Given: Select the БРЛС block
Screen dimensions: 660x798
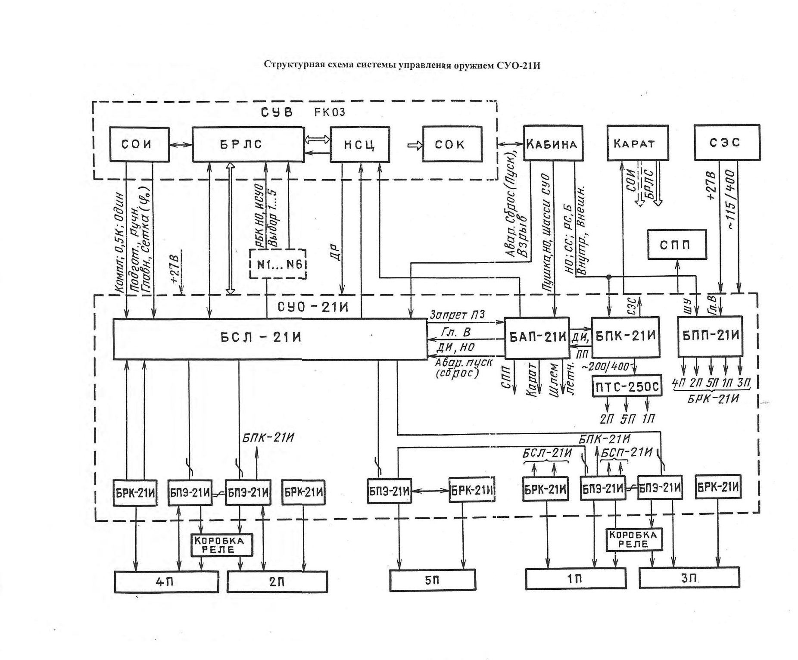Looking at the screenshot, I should point(248,144).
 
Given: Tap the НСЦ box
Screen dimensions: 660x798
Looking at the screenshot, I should point(360,145).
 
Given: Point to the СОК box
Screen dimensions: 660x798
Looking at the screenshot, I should point(452,144).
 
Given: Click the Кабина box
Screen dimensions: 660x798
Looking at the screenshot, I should point(553,143).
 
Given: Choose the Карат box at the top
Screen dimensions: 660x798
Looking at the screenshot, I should point(637,143).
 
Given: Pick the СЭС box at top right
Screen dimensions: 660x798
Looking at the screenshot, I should point(726,143).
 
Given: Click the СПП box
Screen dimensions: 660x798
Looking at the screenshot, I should point(677,244).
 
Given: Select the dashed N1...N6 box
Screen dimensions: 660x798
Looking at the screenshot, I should point(278,264).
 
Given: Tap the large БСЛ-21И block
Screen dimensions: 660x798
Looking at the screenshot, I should point(270,339).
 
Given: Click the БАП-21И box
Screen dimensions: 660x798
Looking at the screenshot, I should point(537,338).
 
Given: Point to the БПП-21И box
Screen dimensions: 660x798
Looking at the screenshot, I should point(710,336).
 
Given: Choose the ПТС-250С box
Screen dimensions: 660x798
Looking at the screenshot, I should point(627,386).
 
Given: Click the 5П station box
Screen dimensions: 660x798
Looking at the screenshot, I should point(433,580).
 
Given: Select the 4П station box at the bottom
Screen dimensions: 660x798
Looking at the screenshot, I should point(166,582).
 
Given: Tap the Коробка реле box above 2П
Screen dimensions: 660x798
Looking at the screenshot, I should point(221,545).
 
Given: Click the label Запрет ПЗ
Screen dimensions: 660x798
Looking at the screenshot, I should point(456,315).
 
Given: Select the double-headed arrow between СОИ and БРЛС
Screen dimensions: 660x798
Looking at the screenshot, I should point(181,145).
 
